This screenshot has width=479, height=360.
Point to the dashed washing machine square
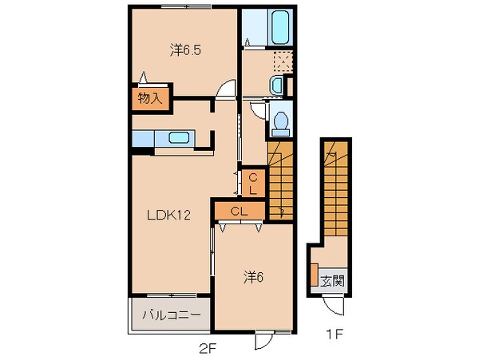coord(280,61)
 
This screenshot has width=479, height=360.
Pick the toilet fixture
coord(280,120)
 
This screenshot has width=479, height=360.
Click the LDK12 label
coord(168,214)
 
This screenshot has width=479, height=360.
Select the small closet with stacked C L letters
coord(251,184)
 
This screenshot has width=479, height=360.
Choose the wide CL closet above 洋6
coord(239,211)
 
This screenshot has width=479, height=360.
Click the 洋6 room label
coord(254,277)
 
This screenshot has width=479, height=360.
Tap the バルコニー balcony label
coord(171,315)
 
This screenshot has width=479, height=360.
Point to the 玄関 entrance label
coord(333,280)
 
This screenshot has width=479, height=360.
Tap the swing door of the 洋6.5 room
coord(228,89)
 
